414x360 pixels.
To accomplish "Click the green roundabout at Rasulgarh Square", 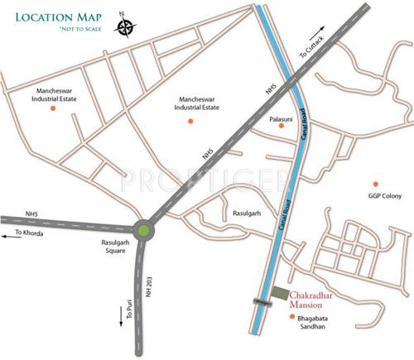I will click(x=145, y=229).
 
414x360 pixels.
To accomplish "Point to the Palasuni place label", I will click(x=282, y=119).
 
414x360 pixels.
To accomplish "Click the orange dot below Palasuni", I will click(x=282, y=132).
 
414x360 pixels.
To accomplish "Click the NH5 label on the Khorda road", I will click(x=31, y=213).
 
